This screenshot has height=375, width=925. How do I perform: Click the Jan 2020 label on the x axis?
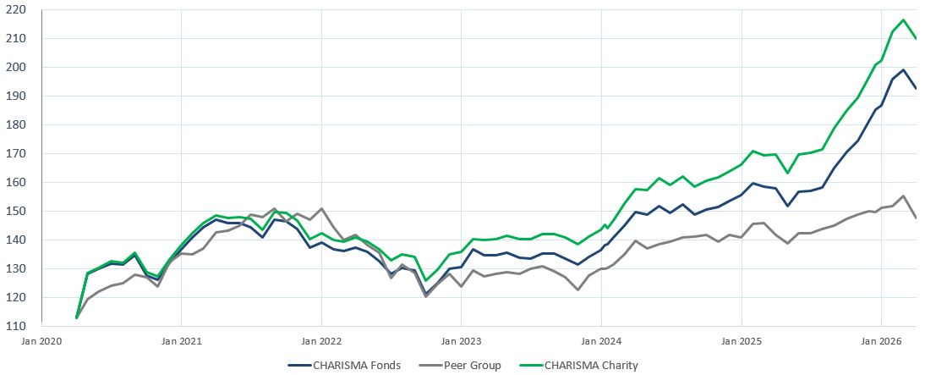coord(41,341)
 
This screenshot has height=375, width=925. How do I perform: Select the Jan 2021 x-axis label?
coord(181,341)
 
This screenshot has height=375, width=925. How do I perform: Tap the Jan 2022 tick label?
coord(321,341)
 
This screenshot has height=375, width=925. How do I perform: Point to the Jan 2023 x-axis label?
coord(461,341)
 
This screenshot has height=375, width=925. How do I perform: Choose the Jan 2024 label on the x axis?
coord(601,341)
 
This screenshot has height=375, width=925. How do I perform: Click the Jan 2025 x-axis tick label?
coord(742,341)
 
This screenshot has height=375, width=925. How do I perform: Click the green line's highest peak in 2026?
coord(904,19)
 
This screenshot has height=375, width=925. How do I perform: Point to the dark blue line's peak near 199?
coord(904,69)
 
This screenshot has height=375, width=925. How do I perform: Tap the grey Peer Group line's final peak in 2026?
coord(904,196)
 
